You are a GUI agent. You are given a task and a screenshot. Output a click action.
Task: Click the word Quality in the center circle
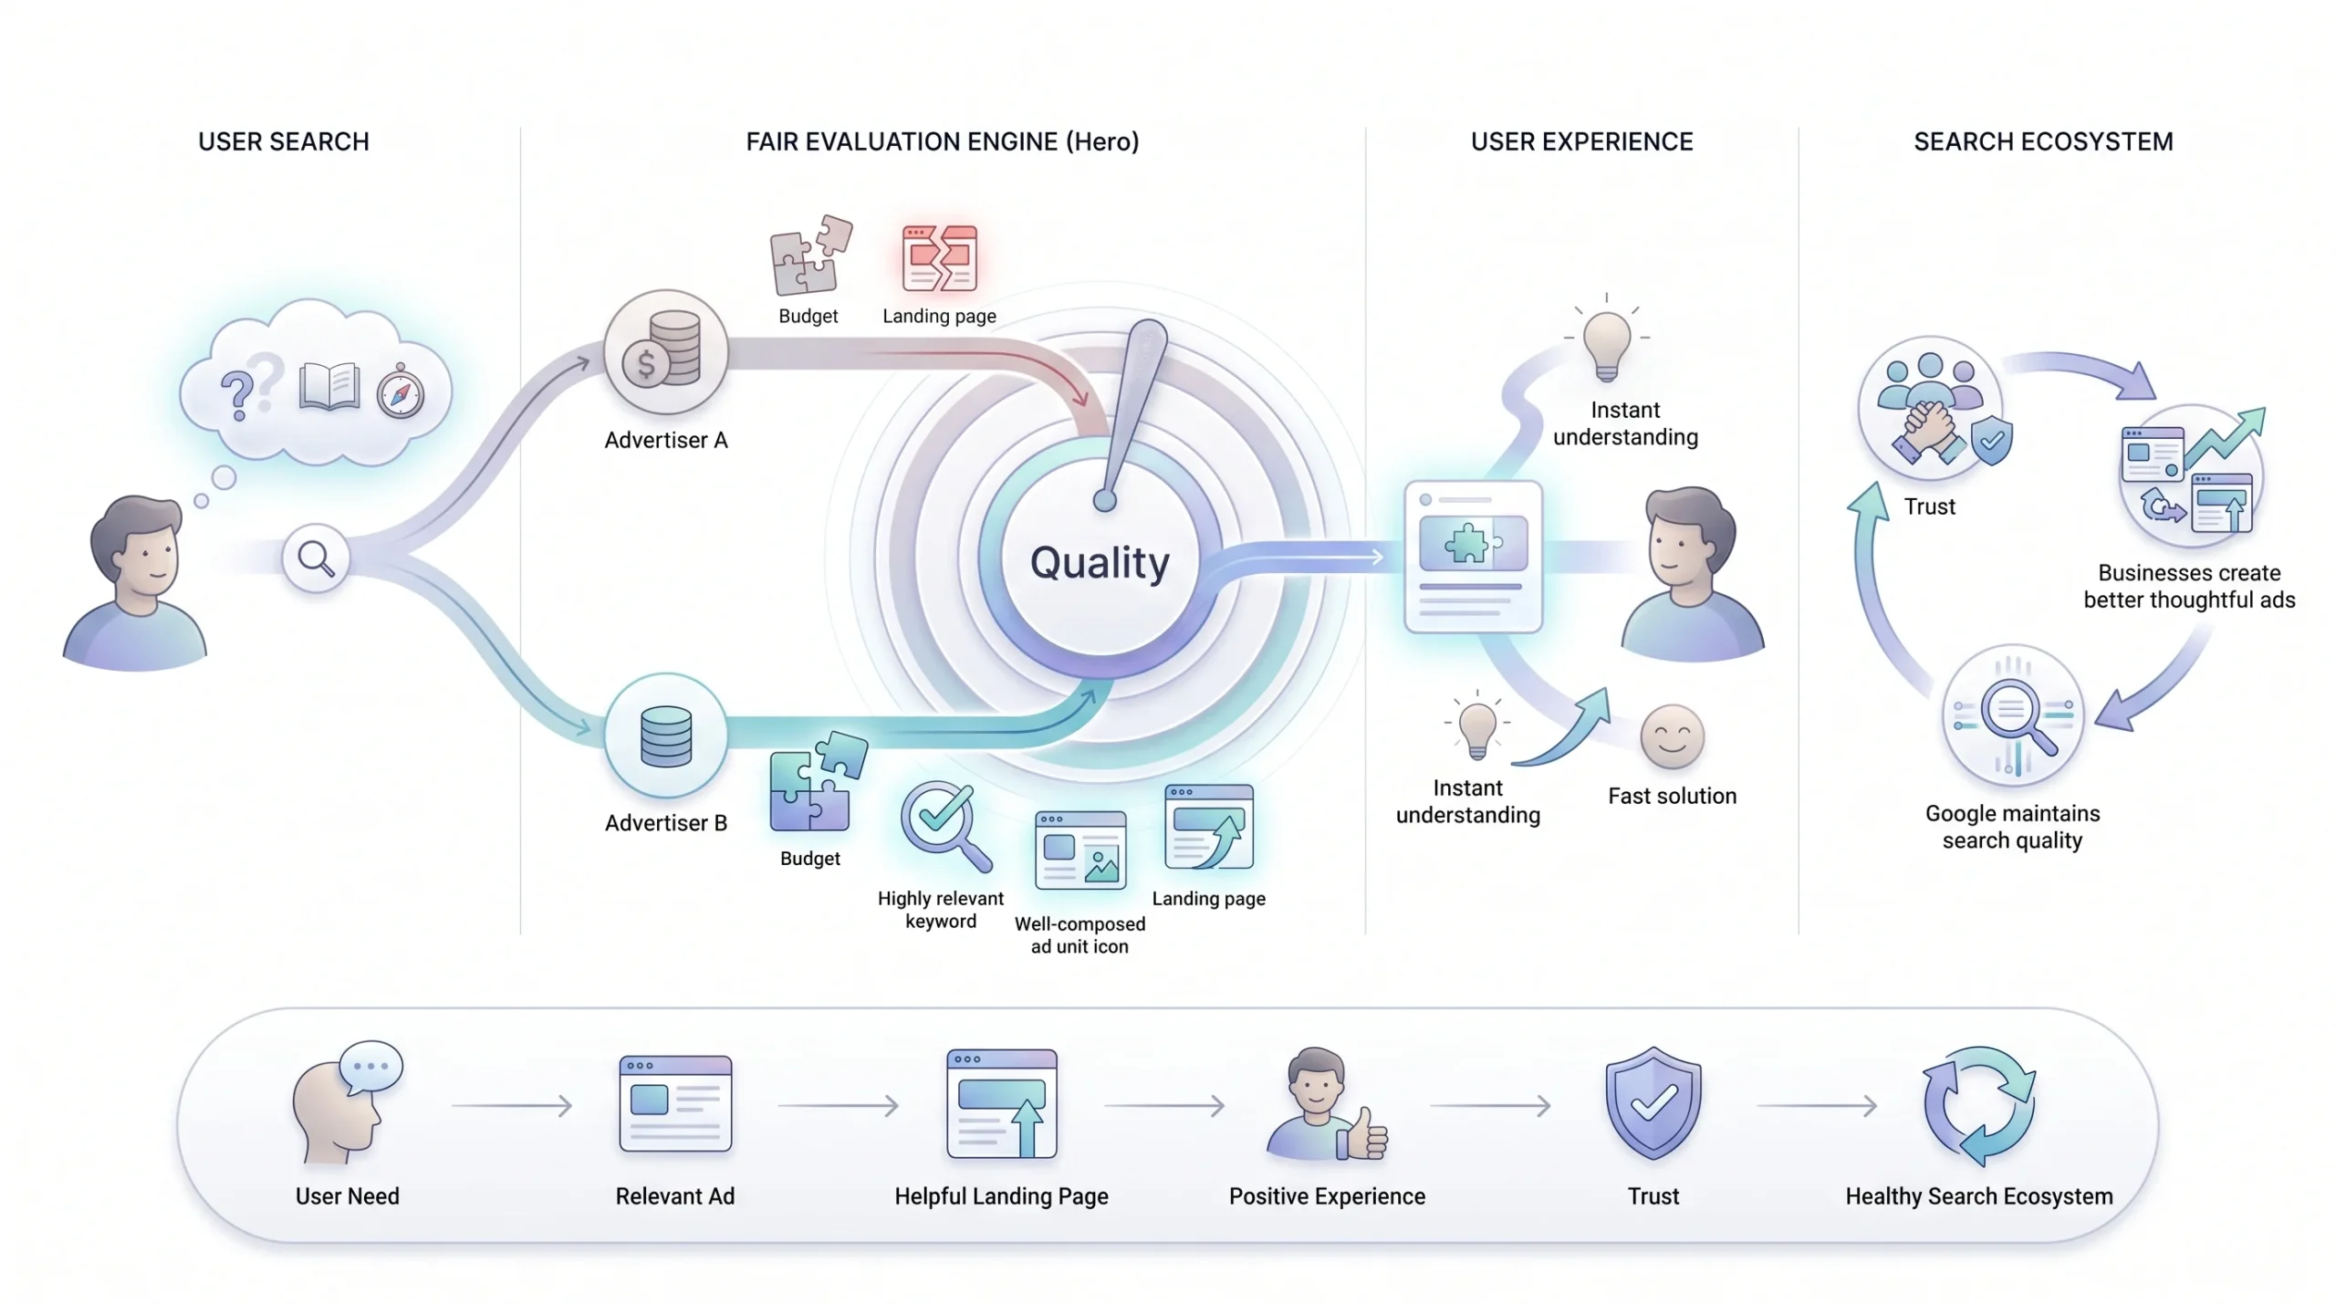1100,562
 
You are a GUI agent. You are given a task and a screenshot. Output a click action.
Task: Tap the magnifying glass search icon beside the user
316,558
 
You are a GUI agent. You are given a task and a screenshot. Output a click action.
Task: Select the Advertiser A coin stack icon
665,352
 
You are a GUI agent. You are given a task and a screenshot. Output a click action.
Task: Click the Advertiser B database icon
665,735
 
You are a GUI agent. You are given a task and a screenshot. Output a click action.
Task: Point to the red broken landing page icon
939,258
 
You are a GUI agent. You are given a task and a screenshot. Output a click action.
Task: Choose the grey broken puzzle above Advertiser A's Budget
810,255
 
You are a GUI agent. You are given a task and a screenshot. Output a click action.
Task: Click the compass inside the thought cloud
401,392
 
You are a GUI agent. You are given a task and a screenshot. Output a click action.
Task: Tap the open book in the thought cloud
328,387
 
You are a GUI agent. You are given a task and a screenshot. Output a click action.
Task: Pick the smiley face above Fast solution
1672,736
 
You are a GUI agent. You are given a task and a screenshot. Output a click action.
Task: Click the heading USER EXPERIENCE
1581,142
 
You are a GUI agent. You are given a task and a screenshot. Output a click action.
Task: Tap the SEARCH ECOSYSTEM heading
2043,142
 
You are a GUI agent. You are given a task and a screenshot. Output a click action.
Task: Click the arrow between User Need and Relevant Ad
512,1106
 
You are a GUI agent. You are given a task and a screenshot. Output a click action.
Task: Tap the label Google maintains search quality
2012,827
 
